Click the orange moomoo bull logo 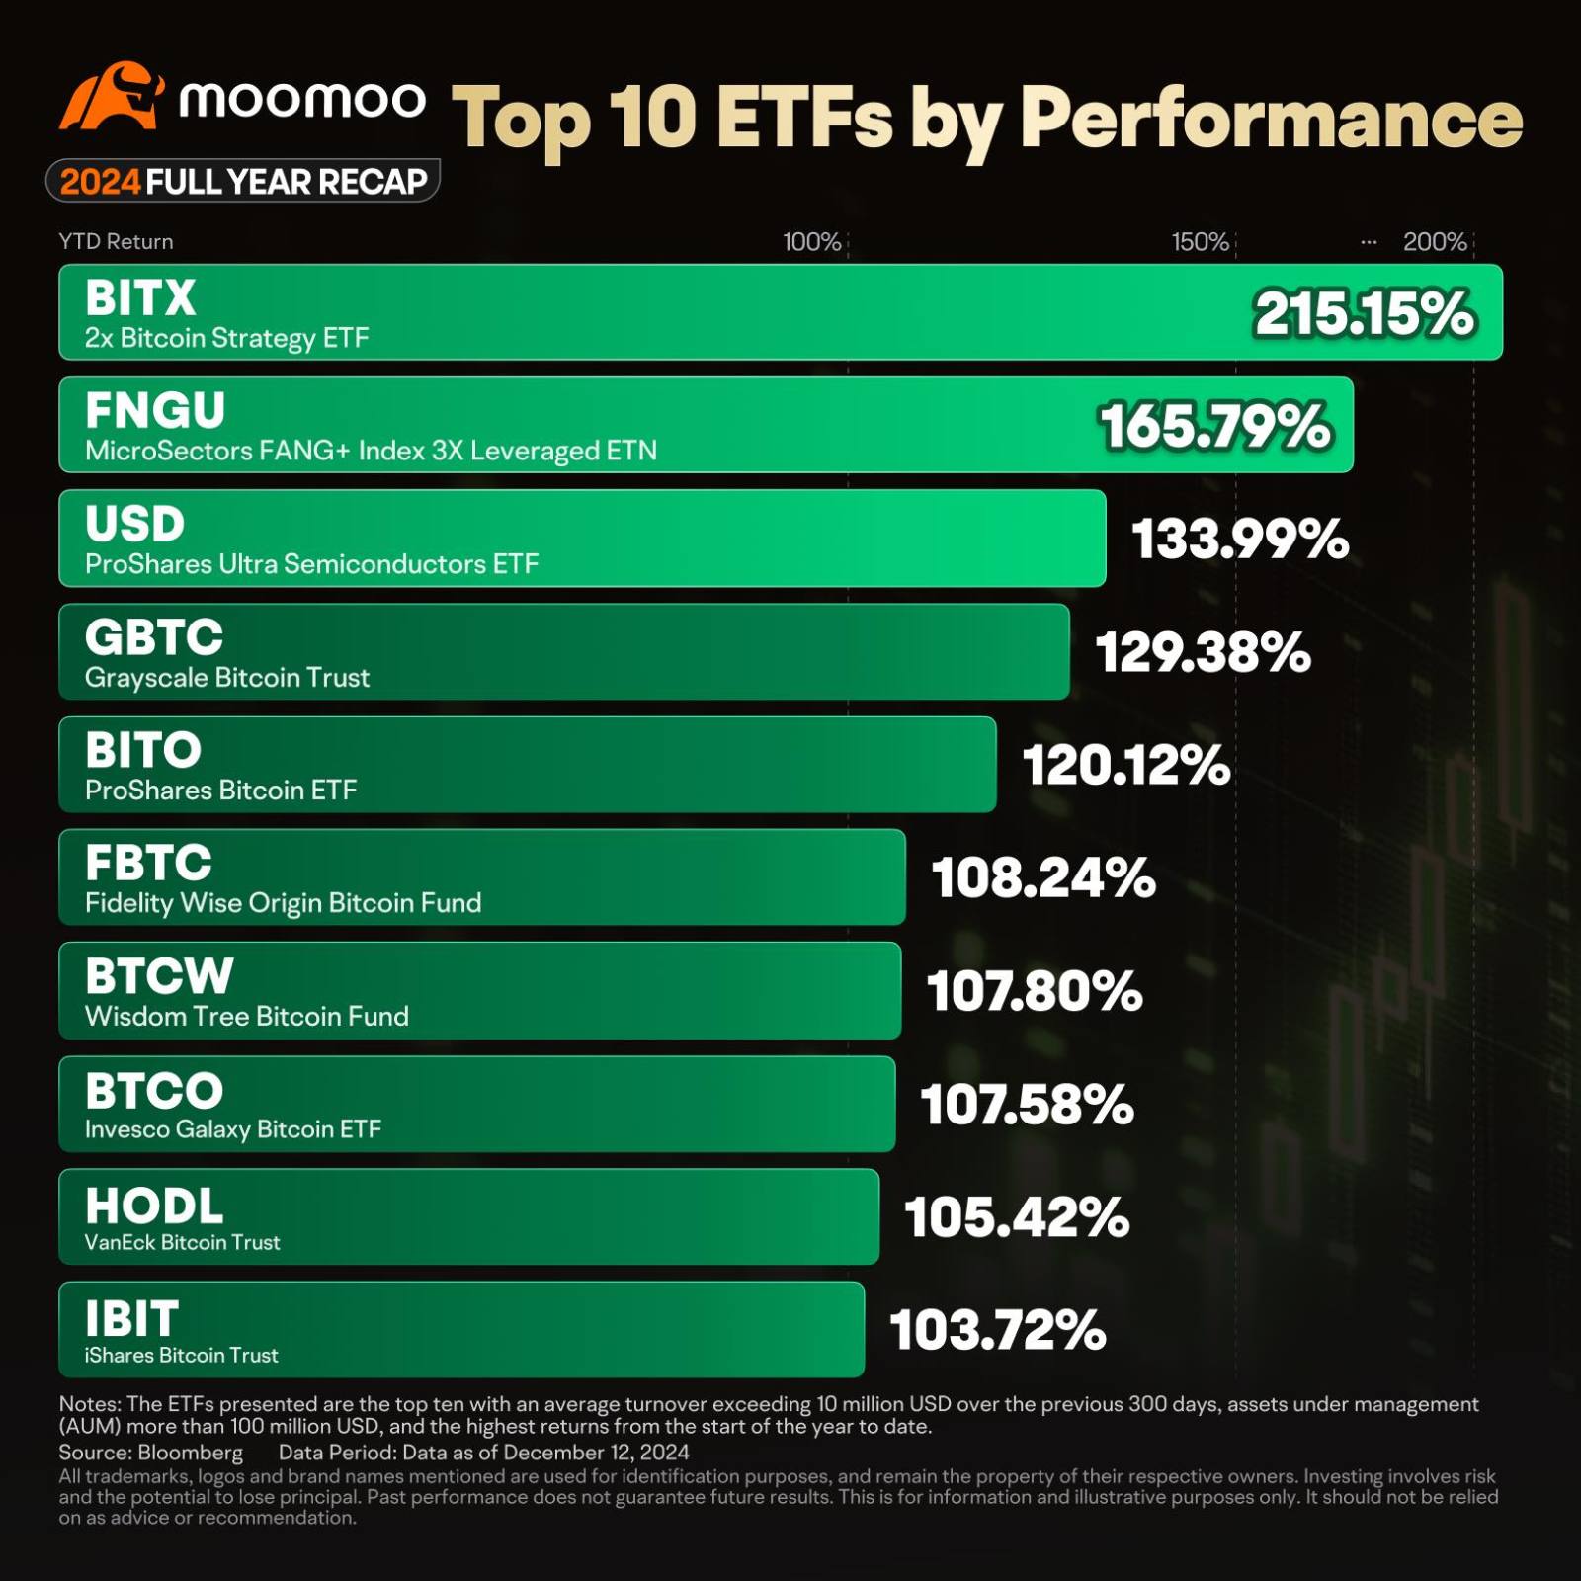[x=111, y=97]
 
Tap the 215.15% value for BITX [x=1364, y=314]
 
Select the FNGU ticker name [x=155, y=411]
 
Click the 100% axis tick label [x=811, y=242]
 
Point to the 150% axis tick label [x=1200, y=242]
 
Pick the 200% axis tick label [x=1435, y=242]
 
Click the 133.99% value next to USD [x=1239, y=540]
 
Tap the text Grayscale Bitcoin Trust [x=227, y=678]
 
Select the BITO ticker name [x=143, y=751]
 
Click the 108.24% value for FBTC [x=1043, y=878]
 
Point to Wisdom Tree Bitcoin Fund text [x=246, y=1017]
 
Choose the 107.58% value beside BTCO [x=1027, y=1105]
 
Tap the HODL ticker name [x=154, y=1207]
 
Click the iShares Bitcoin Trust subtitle [x=181, y=1356]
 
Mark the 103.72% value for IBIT [x=997, y=1330]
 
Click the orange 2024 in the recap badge [x=100, y=182]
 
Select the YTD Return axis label [x=116, y=242]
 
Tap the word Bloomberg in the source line [x=190, y=1453]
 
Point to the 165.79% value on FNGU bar [x=1215, y=427]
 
